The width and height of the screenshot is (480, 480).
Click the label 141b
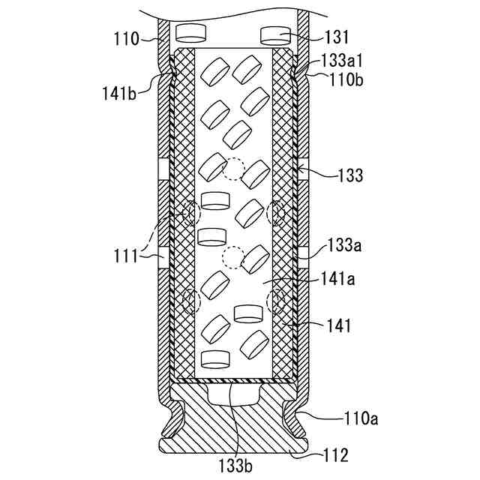(x=121, y=93)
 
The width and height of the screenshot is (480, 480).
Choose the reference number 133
(x=350, y=175)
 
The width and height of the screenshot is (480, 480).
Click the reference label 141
(x=339, y=326)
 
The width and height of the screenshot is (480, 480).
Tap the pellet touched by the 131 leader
(x=274, y=34)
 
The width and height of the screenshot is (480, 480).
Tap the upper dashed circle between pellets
(x=233, y=169)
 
